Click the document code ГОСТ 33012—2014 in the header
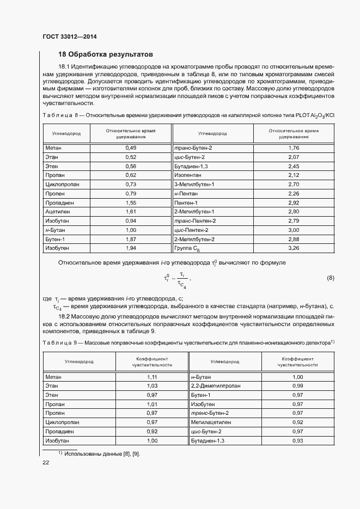[x=69, y=37]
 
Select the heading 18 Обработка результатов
[x=106, y=54]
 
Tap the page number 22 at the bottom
[x=46, y=462]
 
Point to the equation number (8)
[x=330, y=278]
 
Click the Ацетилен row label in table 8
[x=57, y=211]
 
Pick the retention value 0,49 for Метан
[x=130, y=148]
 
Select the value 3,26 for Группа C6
[x=294, y=248]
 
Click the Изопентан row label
[x=188, y=175]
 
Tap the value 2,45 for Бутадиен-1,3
[x=294, y=166]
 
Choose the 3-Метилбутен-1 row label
[x=194, y=185]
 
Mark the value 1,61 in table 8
[x=130, y=211]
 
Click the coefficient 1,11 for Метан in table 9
[x=152, y=377]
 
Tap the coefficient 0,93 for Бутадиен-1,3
[x=297, y=440]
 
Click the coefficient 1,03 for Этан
[x=152, y=385]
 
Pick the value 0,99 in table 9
[x=297, y=385]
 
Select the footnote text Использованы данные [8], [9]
[x=102, y=453]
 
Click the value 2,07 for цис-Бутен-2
[x=294, y=157]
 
